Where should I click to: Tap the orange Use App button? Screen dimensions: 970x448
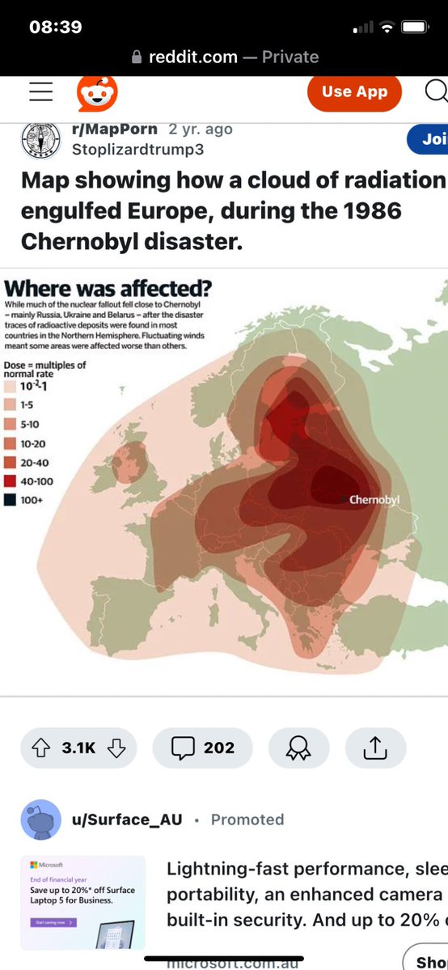[354, 92]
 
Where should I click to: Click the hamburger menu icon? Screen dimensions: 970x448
[40, 92]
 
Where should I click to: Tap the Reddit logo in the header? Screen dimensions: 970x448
[97, 93]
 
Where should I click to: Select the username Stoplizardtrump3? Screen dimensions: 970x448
[137, 150]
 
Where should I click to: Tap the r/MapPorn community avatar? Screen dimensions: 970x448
[40, 139]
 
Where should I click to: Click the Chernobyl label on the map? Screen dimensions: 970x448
[374, 500]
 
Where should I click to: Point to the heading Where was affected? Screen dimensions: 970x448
[108, 289]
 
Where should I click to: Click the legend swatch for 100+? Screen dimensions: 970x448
[11, 500]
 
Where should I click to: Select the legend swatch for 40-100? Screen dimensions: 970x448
[11, 481]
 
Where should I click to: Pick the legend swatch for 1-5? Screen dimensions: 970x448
[11, 405]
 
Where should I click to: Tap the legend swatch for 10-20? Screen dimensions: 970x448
[11, 443]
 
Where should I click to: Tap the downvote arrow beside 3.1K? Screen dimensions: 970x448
[116, 748]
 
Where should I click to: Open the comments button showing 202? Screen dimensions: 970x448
[202, 748]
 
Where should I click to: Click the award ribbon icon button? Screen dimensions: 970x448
[298, 748]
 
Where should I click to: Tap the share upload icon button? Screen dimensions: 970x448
[375, 748]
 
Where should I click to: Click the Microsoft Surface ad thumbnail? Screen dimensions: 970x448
[82, 902]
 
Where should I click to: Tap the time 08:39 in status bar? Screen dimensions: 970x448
[55, 27]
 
